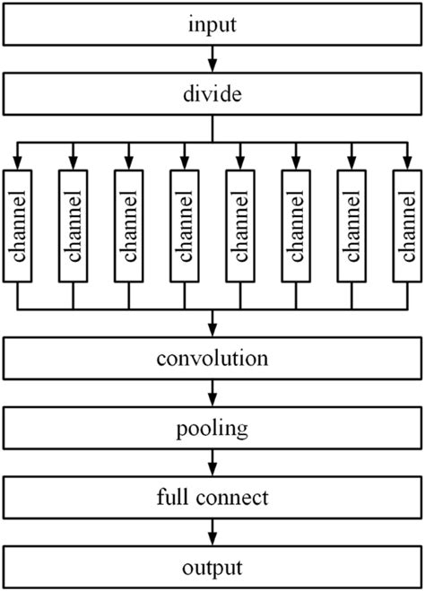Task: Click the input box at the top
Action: click(x=212, y=25)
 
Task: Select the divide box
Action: click(x=212, y=93)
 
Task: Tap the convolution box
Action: click(x=212, y=360)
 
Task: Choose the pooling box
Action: click(x=212, y=429)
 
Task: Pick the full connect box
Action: click(x=212, y=496)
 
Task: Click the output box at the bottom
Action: click(x=212, y=566)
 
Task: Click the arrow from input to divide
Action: click(x=212, y=59)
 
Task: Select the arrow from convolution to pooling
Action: click(x=212, y=395)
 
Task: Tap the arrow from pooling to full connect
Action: click(x=212, y=463)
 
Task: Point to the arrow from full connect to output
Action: click(x=212, y=531)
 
